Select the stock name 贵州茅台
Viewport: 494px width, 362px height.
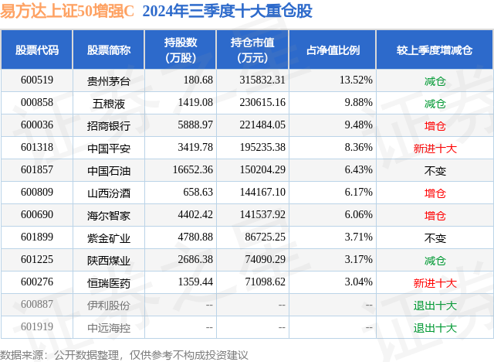[x=108, y=80]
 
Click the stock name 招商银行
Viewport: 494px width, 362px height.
[x=108, y=125]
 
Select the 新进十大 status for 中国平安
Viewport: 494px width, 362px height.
[x=435, y=148]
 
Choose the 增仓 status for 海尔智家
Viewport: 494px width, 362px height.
[x=435, y=215]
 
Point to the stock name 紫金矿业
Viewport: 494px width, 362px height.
[x=108, y=237]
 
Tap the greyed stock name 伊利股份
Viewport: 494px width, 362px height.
[x=108, y=305]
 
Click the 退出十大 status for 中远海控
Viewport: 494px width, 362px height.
[x=435, y=327]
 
